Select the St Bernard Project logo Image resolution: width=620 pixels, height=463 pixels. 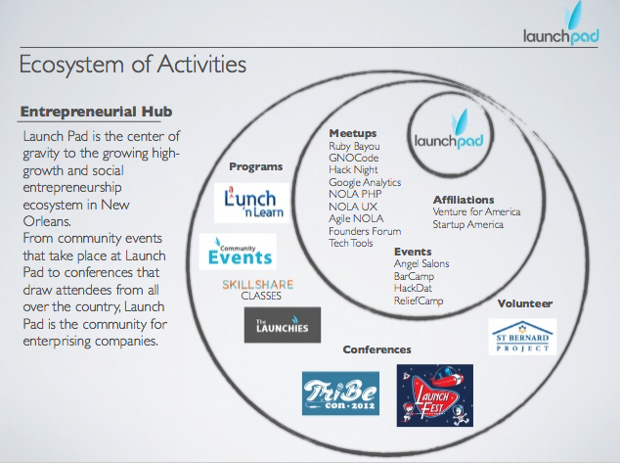(x=522, y=336)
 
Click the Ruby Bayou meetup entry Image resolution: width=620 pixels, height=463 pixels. (x=354, y=146)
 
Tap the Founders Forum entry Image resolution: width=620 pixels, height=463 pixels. (x=365, y=231)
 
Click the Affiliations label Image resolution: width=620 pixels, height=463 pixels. (x=464, y=200)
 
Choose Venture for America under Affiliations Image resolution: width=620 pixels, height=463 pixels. (x=477, y=211)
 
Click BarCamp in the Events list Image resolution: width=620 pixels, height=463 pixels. (x=414, y=276)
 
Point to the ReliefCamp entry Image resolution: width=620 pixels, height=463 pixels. (x=419, y=301)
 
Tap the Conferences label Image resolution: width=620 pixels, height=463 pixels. (x=376, y=349)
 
